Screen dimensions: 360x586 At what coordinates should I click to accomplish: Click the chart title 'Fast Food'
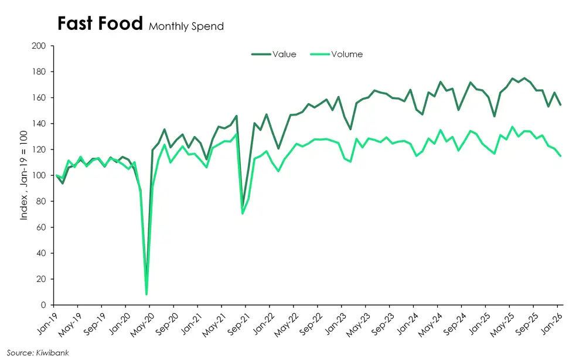click(100, 24)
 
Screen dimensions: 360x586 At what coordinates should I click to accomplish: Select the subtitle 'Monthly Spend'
click(186, 26)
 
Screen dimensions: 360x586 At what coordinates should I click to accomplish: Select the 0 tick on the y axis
click(45, 305)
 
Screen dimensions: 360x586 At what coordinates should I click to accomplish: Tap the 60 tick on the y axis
click(43, 227)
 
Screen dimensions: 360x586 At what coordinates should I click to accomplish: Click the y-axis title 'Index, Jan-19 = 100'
click(24, 175)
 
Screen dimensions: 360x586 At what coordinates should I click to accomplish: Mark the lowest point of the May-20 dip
click(146, 294)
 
